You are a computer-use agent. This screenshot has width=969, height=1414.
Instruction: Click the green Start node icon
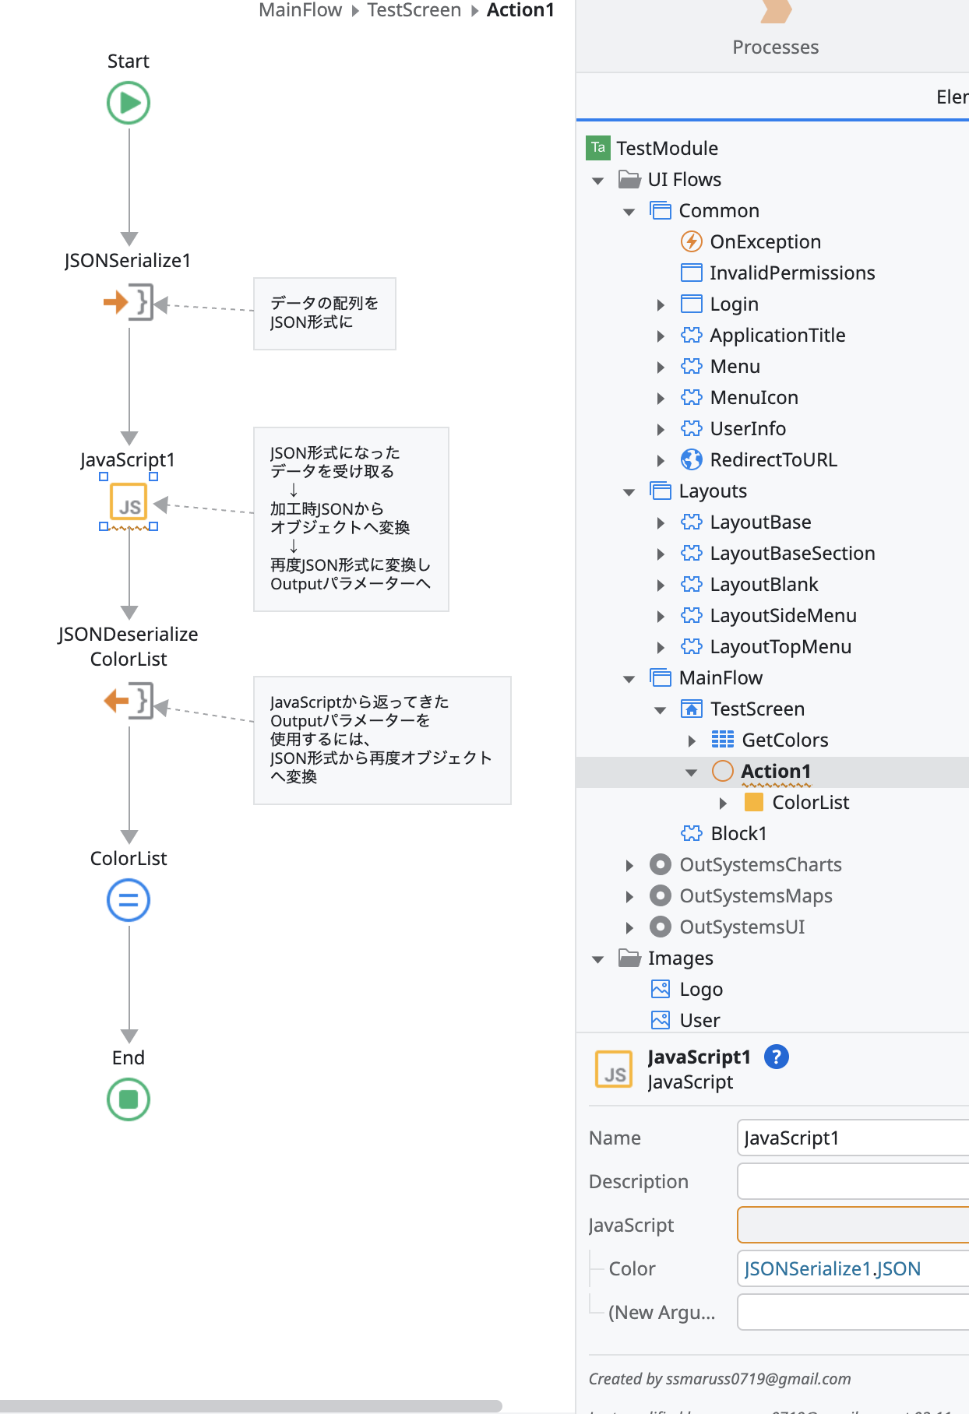(x=129, y=103)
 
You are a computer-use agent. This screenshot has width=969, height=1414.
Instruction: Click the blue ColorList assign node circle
(x=129, y=900)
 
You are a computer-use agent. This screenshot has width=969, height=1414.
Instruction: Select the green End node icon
(x=129, y=1099)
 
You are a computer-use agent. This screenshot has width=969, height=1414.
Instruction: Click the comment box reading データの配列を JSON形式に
(x=324, y=313)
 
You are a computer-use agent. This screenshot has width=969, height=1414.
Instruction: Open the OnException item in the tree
(x=764, y=242)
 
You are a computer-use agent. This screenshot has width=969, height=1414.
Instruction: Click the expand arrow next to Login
(x=661, y=305)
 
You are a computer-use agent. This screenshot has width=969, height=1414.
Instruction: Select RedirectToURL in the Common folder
(x=773, y=460)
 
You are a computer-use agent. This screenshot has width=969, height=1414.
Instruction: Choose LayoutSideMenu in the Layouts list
(x=782, y=616)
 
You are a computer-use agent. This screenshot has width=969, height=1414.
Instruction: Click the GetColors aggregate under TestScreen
(x=784, y=740)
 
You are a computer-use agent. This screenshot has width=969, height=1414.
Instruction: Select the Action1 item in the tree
(x=775, y=772)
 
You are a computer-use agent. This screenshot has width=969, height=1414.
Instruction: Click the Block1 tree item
(x=738, y=834)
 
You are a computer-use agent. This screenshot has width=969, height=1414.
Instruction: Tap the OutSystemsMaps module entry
(x=755, y=896)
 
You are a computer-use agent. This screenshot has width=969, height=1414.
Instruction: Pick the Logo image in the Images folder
(x=700, y=990)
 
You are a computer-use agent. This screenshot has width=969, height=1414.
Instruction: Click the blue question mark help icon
(x=776, y=1057)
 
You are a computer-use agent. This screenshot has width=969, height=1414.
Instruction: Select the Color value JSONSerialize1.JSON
(x=832, y=1269)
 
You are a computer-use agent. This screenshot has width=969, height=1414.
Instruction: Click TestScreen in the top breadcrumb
(x=414, y=10)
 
